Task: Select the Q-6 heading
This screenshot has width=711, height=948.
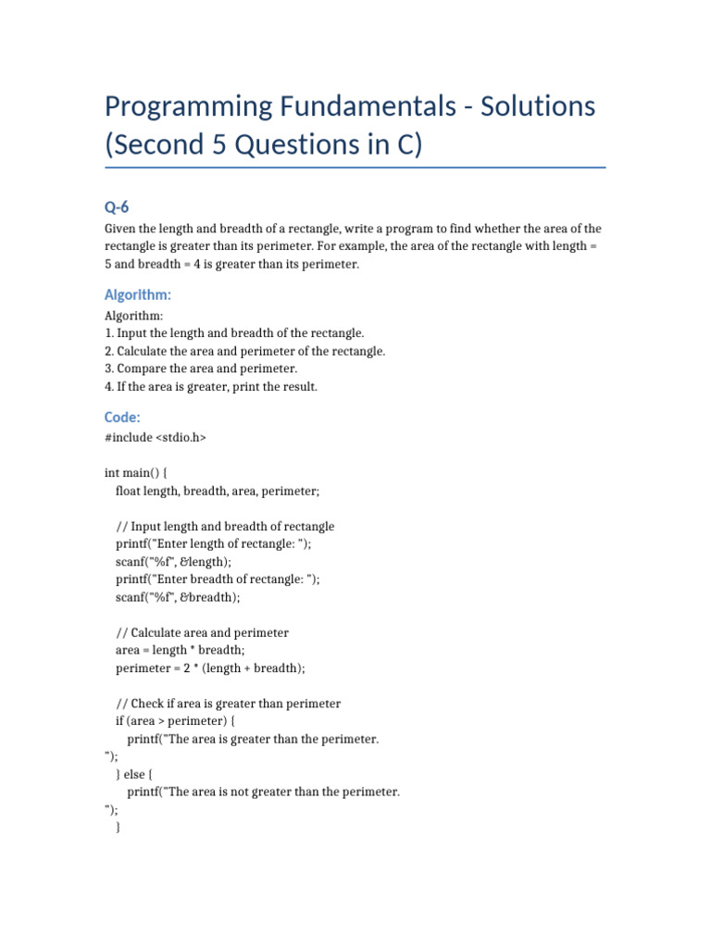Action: [x=117, y=206]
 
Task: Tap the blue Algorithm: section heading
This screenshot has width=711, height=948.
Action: [x=138, y=294]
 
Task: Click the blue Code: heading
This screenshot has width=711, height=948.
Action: [x=122, y=417]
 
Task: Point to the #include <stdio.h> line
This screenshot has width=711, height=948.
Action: [x=155, y=438]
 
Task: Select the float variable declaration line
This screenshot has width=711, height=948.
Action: [x=217, y=491]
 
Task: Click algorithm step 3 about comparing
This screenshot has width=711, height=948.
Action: [x=200, y=368]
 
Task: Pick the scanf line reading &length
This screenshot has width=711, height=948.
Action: [x=173, y=562]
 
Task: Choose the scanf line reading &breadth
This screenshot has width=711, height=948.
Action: [x=177, y=597]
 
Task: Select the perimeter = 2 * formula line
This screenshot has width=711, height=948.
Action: [x=210, y=667]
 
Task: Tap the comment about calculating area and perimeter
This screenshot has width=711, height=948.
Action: [x=202, y=632]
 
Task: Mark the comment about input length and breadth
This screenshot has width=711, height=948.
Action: [x=225, y=526]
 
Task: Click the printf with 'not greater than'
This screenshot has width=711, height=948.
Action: [x=263, y=792]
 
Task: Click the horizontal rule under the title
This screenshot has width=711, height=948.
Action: [x=355, y=168]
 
